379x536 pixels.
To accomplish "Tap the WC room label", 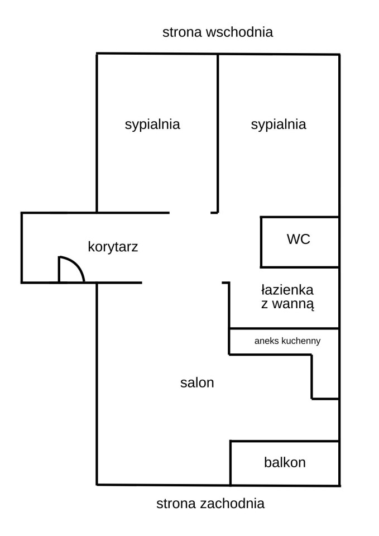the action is (x=299, y=239).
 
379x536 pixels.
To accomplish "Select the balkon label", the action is (x=285, y=462).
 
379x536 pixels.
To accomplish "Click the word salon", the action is (x=197, y=382).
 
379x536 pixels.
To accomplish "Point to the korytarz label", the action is (x=113, y=247).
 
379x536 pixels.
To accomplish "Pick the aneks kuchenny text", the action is (x=287, y=341).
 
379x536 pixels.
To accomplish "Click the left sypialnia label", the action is (x=152, y=125).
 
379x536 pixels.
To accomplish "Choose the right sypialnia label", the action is (x=279, y=125).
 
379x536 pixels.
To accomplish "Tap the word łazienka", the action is (x=287, y=290).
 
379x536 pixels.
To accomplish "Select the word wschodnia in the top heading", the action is (x=239, y=32).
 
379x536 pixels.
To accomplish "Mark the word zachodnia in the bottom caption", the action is (x=232, y=504).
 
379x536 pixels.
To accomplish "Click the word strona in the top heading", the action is (x=183, y=32).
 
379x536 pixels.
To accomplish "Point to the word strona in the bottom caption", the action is (x=176, y=504).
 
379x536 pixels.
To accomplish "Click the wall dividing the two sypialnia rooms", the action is (x=218, y=133).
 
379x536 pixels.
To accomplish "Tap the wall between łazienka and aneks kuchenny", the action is (x=284, y=328).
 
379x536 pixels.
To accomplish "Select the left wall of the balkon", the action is (x=231, y=463).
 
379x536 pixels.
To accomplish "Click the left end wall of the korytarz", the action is (x=22, y=247).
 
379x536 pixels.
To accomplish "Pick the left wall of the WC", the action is (x=261, y=242).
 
